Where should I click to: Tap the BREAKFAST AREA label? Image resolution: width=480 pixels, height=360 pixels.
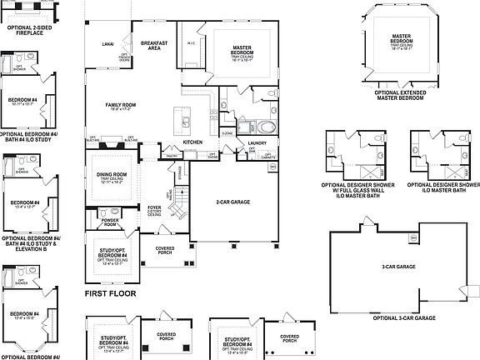click(153, 45)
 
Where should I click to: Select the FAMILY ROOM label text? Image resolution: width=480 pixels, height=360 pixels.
click(120, 105)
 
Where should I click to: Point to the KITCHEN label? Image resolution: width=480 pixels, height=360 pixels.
click(193, 142)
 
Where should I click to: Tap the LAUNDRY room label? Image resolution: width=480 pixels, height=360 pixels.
click(257, 142)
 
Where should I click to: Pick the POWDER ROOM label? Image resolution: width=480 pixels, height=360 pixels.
click(110, 222)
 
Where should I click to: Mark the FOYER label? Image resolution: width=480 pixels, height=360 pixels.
click(154, 208)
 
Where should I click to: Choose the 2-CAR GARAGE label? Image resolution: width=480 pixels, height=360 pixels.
click(228, 202)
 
